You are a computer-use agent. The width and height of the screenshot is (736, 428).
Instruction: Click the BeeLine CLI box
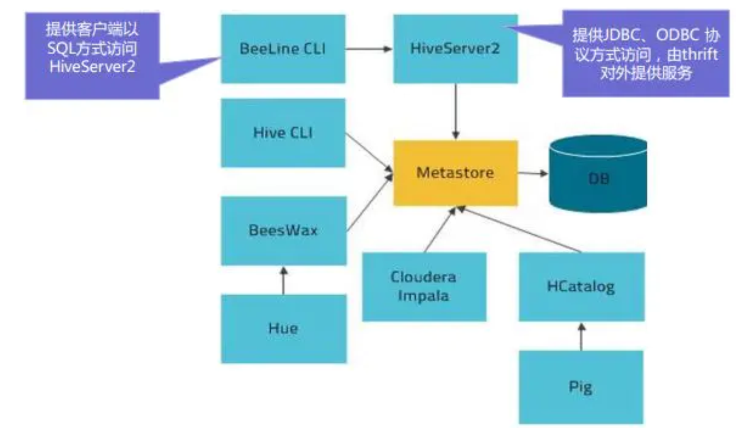pos(283,49)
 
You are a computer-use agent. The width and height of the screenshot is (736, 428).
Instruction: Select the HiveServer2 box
pos(455,49)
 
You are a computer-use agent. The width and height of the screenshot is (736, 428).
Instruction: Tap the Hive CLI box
pos(283,133)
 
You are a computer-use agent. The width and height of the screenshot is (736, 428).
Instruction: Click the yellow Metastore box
pos(455,173)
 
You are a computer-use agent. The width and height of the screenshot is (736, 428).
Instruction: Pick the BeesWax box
pos(283,231)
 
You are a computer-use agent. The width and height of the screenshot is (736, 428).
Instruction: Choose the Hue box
pos(283,328)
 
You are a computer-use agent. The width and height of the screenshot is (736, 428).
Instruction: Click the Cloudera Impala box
pos(424,286)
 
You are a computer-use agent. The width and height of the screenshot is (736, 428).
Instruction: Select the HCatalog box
pos(581,287)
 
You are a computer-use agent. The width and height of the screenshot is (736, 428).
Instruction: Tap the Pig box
pos(581,387)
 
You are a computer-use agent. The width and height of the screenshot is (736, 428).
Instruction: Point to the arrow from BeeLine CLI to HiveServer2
pos(369,49)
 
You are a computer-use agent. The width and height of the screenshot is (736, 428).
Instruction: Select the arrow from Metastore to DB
pos(532,173)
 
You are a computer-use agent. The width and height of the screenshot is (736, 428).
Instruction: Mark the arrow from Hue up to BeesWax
pos(284,281)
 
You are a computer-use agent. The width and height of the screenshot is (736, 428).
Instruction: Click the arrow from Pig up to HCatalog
pos(582,336)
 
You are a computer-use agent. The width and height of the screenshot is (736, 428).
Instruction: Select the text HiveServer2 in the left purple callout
pos(92,67)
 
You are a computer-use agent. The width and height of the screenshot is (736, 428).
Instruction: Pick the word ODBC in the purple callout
pos(677,35)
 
